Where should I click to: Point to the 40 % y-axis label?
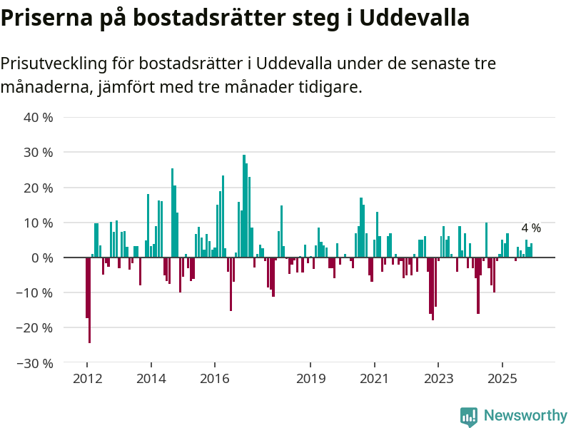[x=39, y=117]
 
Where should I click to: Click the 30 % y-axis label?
[x=39, y=152]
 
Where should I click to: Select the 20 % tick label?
[x=39, y=188]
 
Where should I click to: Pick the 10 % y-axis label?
[x=39, y=223]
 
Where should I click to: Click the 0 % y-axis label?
[x=42, y=258]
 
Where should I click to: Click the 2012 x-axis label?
[x=87, y=378]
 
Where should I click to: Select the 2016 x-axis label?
[x=215, y=378]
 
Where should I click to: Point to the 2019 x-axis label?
[x=310, y=378]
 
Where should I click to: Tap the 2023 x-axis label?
[x=438, y=378]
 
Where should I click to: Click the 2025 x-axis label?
[x=502, y=378]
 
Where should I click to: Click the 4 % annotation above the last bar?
[x=531, y=228]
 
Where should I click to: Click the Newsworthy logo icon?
[x=469, y=417]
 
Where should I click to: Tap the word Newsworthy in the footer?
[x=525, y=416]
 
